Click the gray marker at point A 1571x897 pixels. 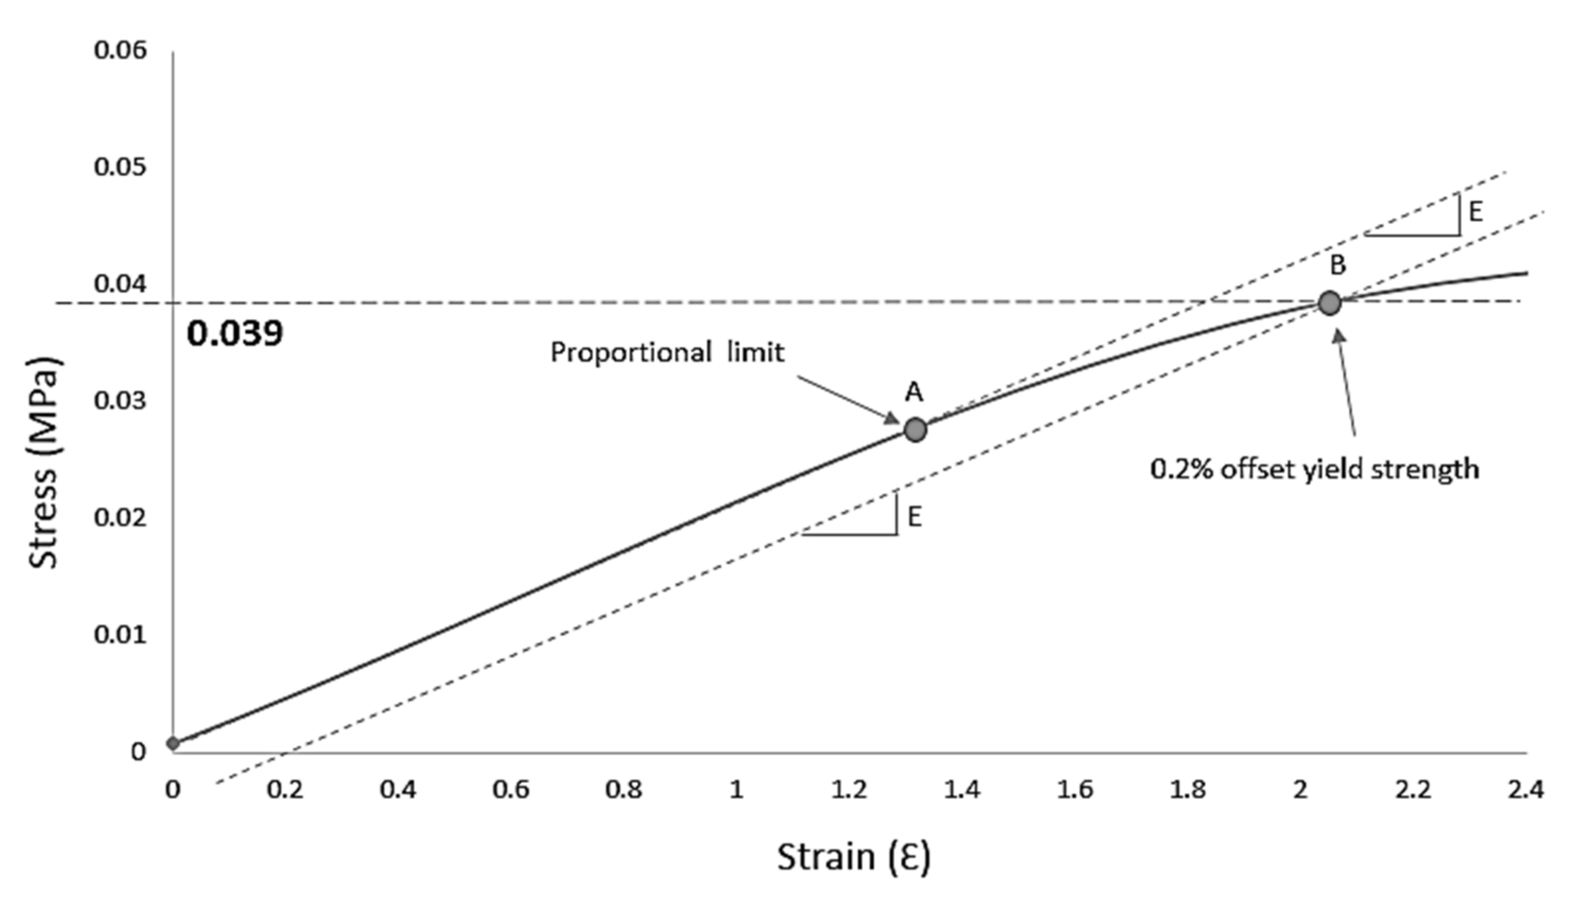pos(915,430)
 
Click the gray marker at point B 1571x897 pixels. pos(1329,303)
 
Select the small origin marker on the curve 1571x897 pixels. pos(173,743)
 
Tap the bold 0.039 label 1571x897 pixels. pos(235,334)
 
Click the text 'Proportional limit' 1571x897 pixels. pos(667,353)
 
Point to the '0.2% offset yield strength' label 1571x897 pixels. pos(1314,469)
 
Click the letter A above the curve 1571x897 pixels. pos(914,392)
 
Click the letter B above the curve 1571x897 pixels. pos(1337,265)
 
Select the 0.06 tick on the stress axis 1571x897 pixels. pos(121,50)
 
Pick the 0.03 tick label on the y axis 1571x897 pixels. pos(121,401)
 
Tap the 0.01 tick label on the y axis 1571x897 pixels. pos(121,635)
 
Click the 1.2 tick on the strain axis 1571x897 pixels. pos(849,789)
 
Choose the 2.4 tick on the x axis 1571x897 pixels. pos(1525,789)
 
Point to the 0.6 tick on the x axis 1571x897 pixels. pos(511,789)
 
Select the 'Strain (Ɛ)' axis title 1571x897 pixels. pos(854,856)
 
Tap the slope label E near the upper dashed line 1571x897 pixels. pos(1475,212)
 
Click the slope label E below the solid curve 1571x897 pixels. pos(915,517)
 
